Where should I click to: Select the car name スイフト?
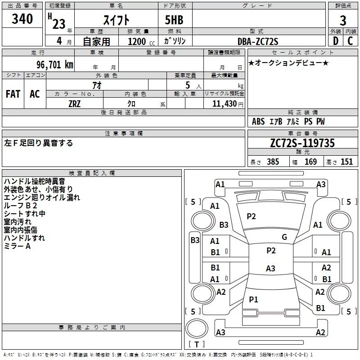[117, 20]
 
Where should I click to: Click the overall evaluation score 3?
[343, 21]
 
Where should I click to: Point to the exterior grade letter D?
[335, 41]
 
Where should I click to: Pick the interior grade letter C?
[350, 41]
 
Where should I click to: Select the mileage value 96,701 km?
[49, 64]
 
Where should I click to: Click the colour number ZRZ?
[74, 103]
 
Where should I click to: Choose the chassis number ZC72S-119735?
[302, 143]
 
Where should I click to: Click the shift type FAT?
[13, 94]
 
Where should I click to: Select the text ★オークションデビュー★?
[288, 63]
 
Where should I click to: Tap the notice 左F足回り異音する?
[38, 143]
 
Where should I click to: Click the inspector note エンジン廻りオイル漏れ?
[42, 197]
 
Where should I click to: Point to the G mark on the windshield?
[284, 237]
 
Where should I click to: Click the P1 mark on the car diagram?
[253, 299]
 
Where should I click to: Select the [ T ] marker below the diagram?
[197, 344]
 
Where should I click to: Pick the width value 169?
[310, 162]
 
